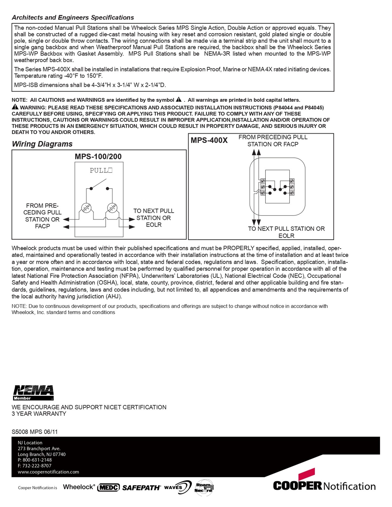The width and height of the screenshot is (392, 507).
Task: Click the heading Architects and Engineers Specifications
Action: pos(73,17)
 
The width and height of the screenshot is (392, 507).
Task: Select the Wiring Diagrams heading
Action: pos(42,144)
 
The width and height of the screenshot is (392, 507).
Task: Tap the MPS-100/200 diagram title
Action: pos(98,157)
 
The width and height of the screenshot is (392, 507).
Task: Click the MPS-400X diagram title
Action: pos(209,140)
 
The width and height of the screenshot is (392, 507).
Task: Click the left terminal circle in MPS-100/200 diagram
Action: pos(86,208)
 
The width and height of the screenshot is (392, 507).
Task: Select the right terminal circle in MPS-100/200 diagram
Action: pos(112,208)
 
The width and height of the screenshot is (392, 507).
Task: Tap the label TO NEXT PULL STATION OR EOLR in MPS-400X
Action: pos(286,232)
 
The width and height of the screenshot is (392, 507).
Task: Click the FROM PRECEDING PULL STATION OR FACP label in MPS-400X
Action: pos(273,141)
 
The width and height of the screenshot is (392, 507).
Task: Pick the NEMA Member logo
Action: pos(33,393)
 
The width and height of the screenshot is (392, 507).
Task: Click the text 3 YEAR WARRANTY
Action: pos(39,414)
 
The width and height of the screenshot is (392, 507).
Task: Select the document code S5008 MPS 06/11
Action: pos(35,432)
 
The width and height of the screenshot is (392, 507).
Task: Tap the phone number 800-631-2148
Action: pos(37,460)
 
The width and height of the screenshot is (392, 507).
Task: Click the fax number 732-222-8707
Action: pos(37,466)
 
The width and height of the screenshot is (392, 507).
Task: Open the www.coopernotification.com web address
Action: pos(48,472)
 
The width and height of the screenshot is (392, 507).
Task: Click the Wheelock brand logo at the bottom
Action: pos(79,487)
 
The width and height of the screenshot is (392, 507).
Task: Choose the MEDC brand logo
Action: pos(108,488)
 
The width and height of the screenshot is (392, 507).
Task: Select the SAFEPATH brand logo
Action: pos(141,488)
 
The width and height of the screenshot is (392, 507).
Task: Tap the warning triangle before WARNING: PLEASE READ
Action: pos(15,107)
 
